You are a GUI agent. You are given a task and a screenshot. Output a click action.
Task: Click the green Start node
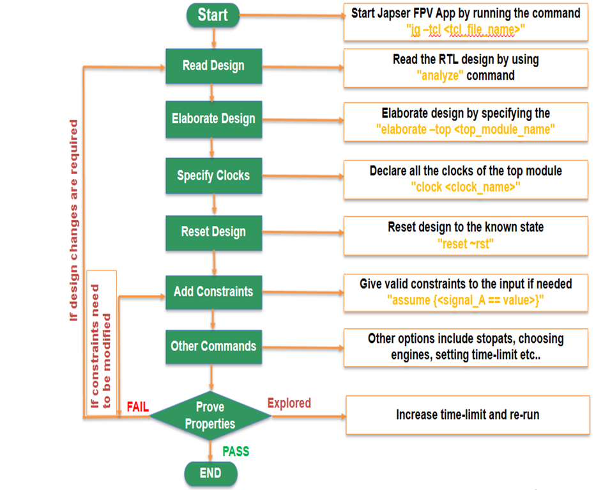coord(213,15)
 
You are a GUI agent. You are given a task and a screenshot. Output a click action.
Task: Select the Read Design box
coord(213,66)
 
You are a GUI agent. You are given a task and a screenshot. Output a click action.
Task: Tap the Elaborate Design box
coord(213,119)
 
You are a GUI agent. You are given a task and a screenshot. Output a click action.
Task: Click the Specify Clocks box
coord(213,175)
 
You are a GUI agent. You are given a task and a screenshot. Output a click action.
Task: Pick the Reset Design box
coord(213,232)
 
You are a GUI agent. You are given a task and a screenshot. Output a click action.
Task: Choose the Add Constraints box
coord(213,292)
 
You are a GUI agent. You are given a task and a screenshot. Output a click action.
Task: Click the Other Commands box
coord(213,347)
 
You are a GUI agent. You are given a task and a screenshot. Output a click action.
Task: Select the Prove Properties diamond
coord(210,416)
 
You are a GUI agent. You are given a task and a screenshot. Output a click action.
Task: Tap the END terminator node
coord(210,473)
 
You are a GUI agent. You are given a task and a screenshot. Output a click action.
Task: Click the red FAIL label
coord(138,407)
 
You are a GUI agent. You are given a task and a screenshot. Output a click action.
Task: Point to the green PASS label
coord(236,452)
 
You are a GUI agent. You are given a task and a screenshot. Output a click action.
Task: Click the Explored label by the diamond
coord(289,403)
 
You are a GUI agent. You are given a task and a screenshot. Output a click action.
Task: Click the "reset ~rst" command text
coord(466,242)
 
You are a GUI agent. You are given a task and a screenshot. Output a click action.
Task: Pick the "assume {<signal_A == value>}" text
coord(466,299)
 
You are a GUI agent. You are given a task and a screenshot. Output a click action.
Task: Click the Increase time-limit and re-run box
coord(468,415)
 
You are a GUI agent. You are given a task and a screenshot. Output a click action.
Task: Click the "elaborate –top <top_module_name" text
coord(465,129)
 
